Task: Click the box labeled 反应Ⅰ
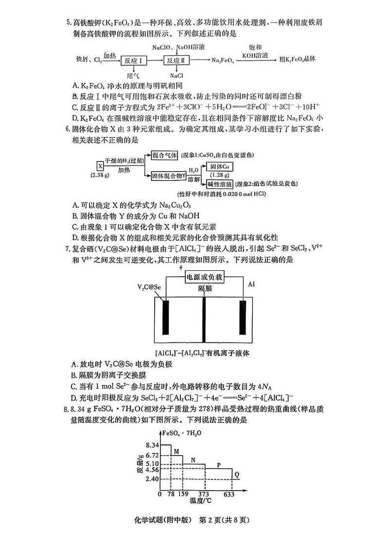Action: click(133, 60)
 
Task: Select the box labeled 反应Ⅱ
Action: click(176, 60)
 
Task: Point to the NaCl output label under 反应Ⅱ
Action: click(176, 75)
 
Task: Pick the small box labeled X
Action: click(100, 165)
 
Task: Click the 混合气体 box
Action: click(164, 155)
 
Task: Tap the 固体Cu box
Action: click(219, 167)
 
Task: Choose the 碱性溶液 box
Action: click(219, 184)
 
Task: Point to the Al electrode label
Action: click(251, 283)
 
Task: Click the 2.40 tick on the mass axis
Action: click(152, 479)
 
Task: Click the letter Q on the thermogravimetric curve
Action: click(237, 474)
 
